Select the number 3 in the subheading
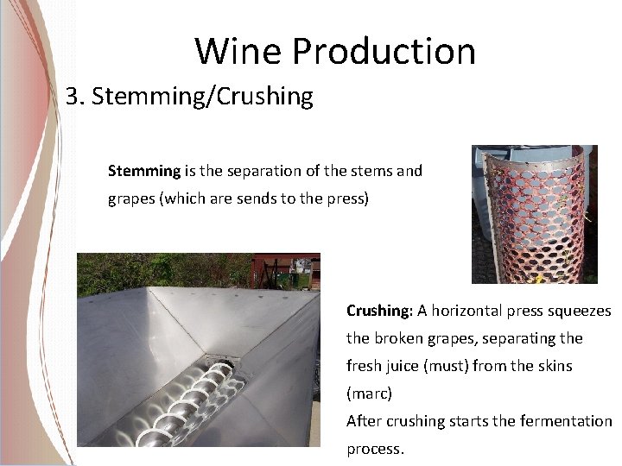pos(73,96)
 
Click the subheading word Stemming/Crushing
pos(202,96)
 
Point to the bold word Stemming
pos(144,171)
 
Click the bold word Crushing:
pos(379,311)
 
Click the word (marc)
pos(369,394)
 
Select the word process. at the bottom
pos(375,449)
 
